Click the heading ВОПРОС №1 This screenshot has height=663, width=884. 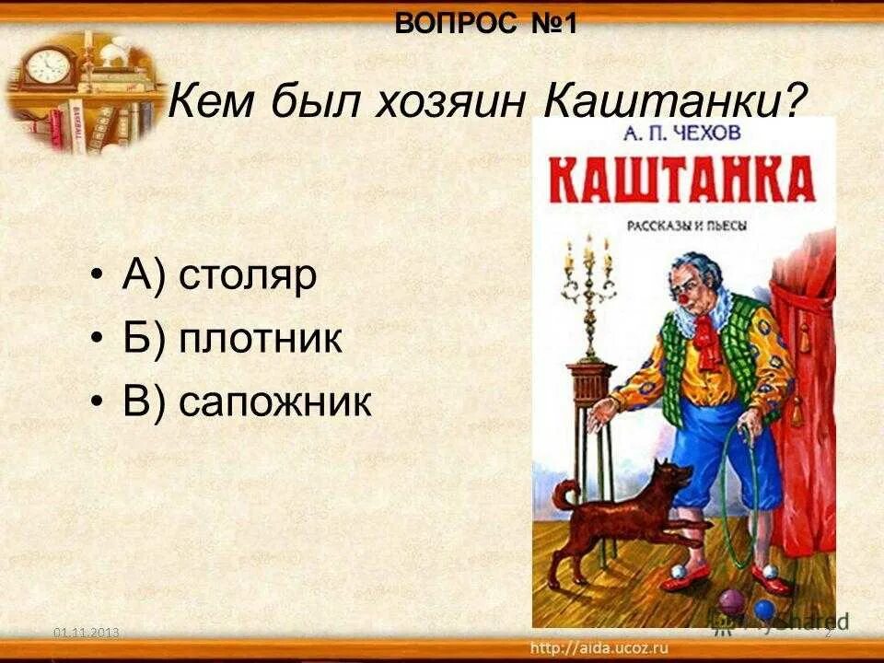[x=485, y=23]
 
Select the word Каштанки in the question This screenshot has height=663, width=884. [x=670, y=99]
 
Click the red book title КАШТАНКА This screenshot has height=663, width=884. [x=683, y=180]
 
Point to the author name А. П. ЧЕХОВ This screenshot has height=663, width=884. [x=684, y=135]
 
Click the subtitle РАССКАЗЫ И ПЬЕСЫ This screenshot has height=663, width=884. [x=684, y=226]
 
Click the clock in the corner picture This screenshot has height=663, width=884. [x=43, y=66]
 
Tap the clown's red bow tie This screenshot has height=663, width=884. [x=707, y=338]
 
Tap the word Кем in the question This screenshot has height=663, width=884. [x=214, y=99]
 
